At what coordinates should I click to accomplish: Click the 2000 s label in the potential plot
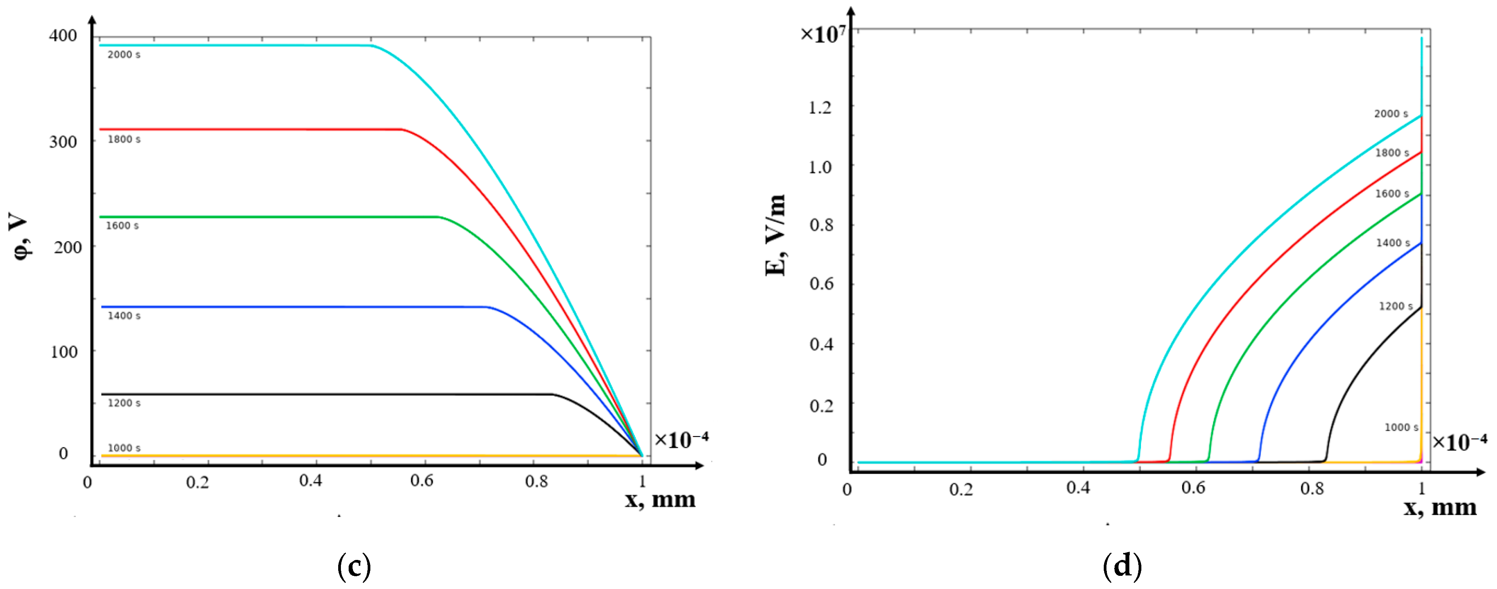[123, 55]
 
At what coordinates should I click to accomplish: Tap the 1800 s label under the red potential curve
[123, 140]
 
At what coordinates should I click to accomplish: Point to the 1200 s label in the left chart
[123, 403]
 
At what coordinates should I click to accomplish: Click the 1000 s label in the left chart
[123, 448]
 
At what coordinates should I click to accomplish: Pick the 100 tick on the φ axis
[64, 352]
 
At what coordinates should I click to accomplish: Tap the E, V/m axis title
[776, 235]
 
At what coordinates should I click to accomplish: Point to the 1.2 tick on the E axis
[820, 107]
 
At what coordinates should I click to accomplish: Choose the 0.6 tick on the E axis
[821, 284]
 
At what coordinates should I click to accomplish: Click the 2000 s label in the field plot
[1391, 114]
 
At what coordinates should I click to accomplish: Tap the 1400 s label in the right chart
[1392, 243]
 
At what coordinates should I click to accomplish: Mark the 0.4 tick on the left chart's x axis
[310, 481]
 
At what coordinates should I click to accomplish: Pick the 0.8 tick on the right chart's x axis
[1312, 489]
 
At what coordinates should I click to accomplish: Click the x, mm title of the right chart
[1440, 508]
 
